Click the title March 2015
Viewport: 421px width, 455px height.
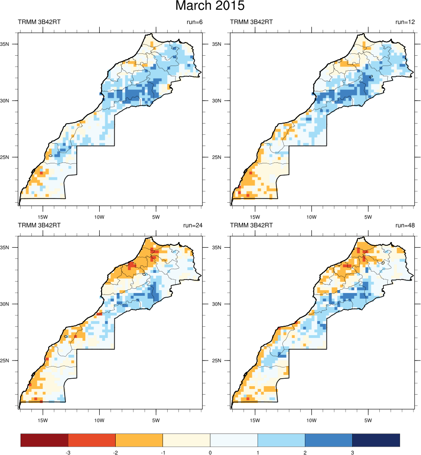[210, 7]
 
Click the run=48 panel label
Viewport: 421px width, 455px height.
[404, 225]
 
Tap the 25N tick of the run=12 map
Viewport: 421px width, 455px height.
[223, 157]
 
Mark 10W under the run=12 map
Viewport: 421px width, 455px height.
[311, 217]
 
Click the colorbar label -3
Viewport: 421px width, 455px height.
[68, 453]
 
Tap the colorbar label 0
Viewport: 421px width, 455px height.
[210, 453]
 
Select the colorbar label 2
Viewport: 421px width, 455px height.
[305, 453]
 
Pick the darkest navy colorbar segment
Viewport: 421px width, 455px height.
[376, 440]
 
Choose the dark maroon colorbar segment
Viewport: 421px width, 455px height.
[44, 440]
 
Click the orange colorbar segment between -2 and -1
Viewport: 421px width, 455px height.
[139, 440]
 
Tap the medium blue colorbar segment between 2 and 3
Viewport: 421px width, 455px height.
[328, 440]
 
